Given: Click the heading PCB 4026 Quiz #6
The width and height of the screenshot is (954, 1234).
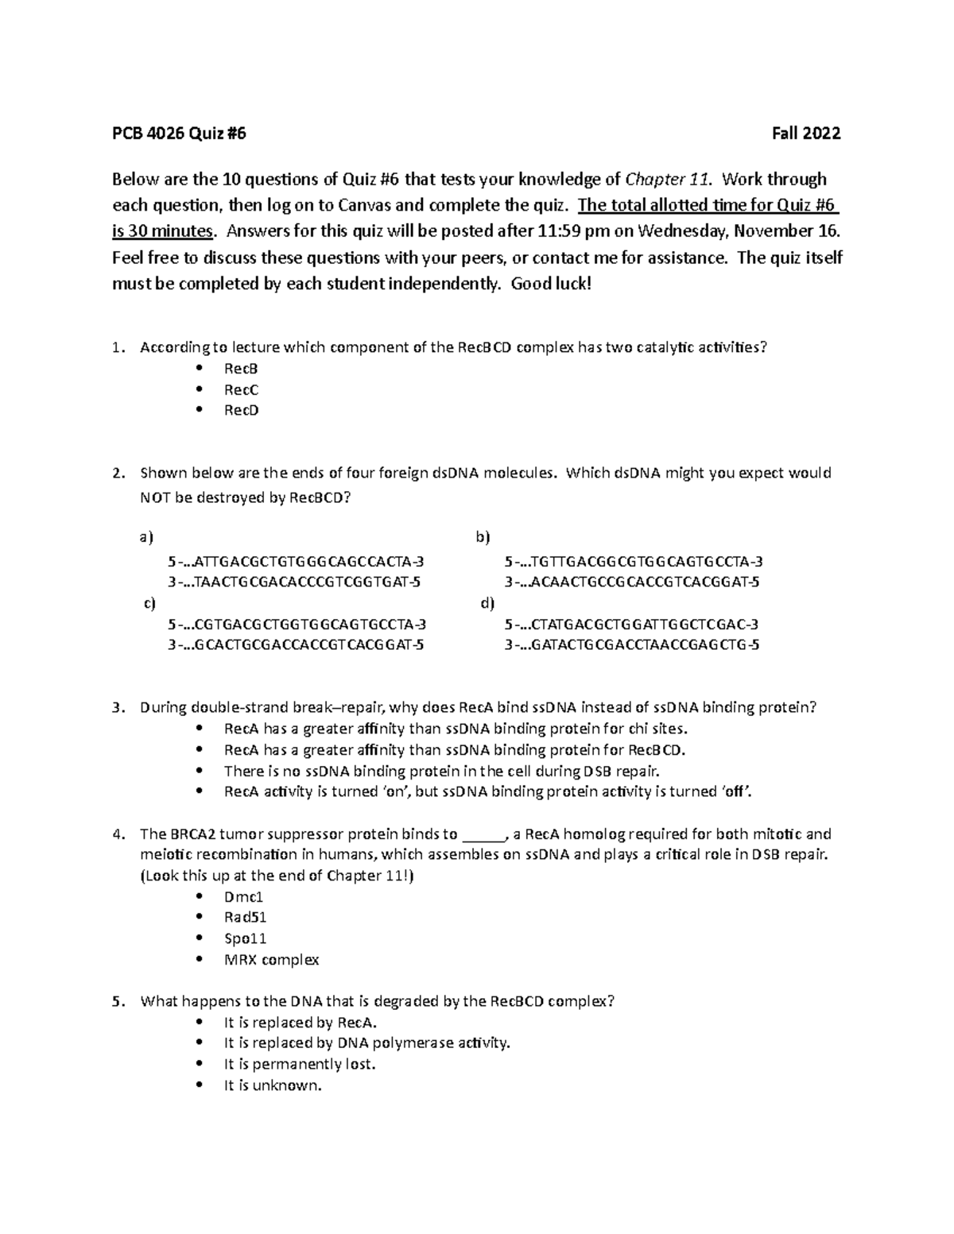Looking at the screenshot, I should click(x=179, y=133).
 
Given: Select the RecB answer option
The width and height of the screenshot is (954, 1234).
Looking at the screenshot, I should click(x=240, y=369).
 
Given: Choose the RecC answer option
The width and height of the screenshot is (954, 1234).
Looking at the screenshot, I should click(x=240, y=389).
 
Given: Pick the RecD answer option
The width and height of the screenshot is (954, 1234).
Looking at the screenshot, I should click(x=241, y=410).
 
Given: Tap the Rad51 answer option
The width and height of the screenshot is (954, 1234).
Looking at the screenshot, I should click(x=245, y=917).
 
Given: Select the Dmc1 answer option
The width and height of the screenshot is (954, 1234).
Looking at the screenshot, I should click(x=243, y=896).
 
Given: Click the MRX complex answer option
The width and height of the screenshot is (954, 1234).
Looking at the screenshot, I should click(x=271, y=959).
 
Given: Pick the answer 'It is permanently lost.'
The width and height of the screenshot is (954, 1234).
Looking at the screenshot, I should click(x=299, y=1064).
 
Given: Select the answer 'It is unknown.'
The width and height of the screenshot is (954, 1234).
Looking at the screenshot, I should click(x=273, y=1085).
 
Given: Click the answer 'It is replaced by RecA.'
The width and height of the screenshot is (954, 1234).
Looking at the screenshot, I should click(x=301, y=1023).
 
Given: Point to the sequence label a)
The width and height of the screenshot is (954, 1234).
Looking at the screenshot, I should click(x=145, y=538).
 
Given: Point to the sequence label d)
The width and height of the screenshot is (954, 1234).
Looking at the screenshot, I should click(x=487, y=603).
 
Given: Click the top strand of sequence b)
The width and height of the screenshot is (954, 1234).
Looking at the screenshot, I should click(x=633, y=561).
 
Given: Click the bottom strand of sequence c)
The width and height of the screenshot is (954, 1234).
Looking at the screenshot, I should click(x=296, y=644).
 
